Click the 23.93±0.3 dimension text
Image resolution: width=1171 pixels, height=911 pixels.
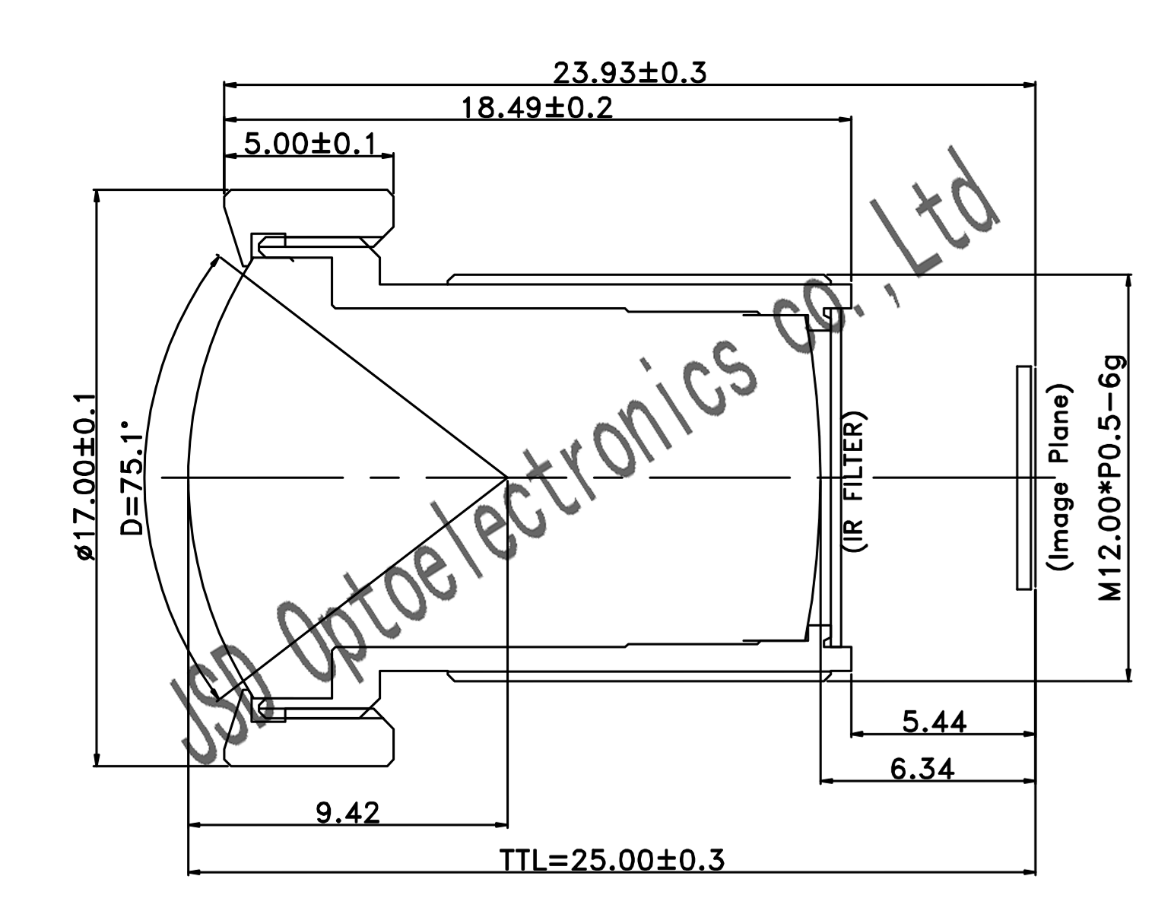(630, 73)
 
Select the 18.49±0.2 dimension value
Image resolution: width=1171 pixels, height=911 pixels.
(538, 108)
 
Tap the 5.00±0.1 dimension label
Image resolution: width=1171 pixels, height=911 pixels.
(310, 144)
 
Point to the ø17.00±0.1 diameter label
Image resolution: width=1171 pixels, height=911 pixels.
(85, 476)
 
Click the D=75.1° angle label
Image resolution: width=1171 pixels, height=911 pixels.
(131, 478)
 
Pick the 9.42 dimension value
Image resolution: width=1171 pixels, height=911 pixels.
(347, 813)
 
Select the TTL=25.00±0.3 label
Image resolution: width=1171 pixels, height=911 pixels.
(611, 860)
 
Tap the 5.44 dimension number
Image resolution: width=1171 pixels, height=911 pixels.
(935, 722)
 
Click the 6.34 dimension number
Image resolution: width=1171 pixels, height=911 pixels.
(922, 769)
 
